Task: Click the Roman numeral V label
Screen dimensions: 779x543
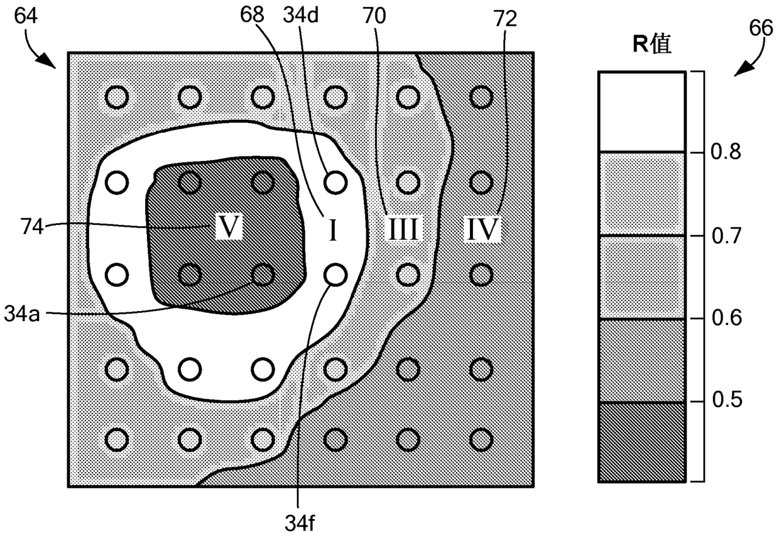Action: tap(229, 226)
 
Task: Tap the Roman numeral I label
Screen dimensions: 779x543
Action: tap(334, 230)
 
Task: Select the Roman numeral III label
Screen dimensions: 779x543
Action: tap(401, 230)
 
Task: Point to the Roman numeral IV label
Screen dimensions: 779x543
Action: tap(483, 230)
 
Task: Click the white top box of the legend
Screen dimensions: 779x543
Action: tap(641, 112)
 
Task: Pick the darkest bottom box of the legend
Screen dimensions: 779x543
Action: tap(641, 442)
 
